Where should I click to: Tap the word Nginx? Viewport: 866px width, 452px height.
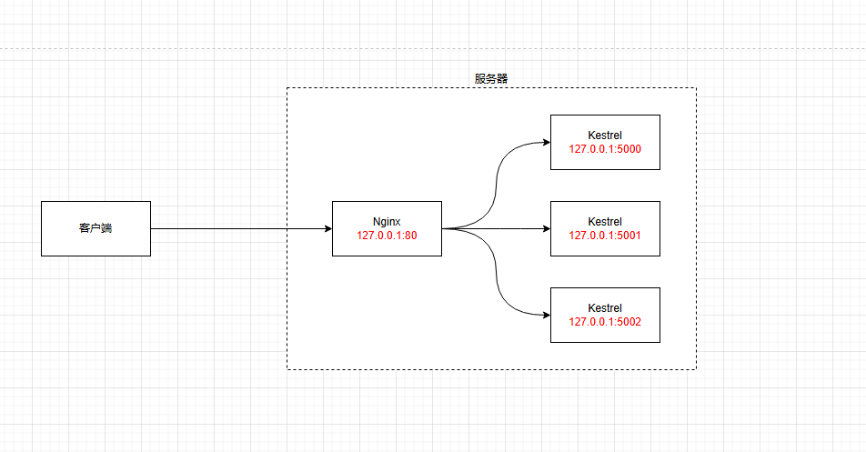(387, 221)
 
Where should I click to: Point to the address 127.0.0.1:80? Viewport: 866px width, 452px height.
(387, 235)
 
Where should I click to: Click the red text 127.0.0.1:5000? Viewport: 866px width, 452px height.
(605, 148)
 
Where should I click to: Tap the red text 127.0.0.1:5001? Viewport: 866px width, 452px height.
(605, 235)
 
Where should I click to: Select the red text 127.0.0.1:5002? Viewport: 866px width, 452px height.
(605, 321)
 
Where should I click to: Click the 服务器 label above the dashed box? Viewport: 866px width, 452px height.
(491, 78)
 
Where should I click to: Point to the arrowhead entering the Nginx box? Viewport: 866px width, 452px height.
(327, 228)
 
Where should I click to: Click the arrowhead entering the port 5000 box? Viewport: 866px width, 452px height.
(546, 142)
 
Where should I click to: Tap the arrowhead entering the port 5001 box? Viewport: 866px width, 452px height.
(546, 228)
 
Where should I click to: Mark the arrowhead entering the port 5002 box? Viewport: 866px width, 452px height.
(546, 315)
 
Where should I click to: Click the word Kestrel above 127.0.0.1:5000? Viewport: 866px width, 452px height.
(605, 135)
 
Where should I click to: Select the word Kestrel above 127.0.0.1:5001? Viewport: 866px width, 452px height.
(605, 221)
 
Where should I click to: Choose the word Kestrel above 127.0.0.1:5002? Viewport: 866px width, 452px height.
(605, 307)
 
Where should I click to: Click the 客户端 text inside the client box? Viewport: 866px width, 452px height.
(96, 228)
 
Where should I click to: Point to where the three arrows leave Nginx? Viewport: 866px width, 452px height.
(444, 228)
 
